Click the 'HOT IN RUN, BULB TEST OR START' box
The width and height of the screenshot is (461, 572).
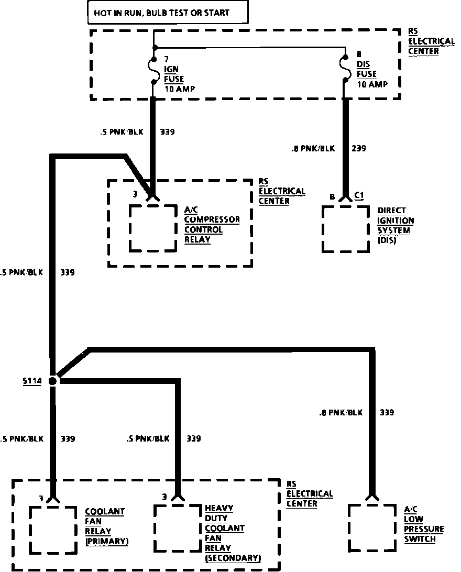pyautogui.click(x=167, y=13)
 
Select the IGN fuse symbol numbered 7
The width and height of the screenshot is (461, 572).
pyautogui.click(x=154, y=71)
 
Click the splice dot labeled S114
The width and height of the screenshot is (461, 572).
pyautogui.click(x=52, y=381)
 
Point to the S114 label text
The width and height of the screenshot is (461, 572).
pyautogui.click(x=32, y=381)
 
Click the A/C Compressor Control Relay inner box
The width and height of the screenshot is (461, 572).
pyautogui.click(x=153, y=228)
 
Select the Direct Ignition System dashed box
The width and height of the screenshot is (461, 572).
pyautogui.click(x=346, y=229)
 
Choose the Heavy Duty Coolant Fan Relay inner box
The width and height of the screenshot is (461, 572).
pyautogui.click(x=178, y=530)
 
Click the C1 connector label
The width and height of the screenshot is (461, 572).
pyautogui.click(x=359, y=195)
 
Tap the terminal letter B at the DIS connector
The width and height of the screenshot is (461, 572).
pyautogui.click(x=332, y=197)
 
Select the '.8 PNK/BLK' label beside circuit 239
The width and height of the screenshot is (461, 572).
pyautogui.click(x=313, y=148)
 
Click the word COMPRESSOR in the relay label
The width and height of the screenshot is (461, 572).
pyautogui.click(x=212, y=219)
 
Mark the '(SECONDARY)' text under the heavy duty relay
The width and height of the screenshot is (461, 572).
pyautogui.click(x=233, y=558)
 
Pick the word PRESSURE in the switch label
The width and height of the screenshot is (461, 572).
pyautogui.click(x=423, y=529)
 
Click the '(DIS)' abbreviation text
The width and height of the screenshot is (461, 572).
pyautogui.click(x=387, y=240)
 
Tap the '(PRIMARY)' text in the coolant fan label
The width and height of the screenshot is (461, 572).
pyautogui.click(x=107, y=541)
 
